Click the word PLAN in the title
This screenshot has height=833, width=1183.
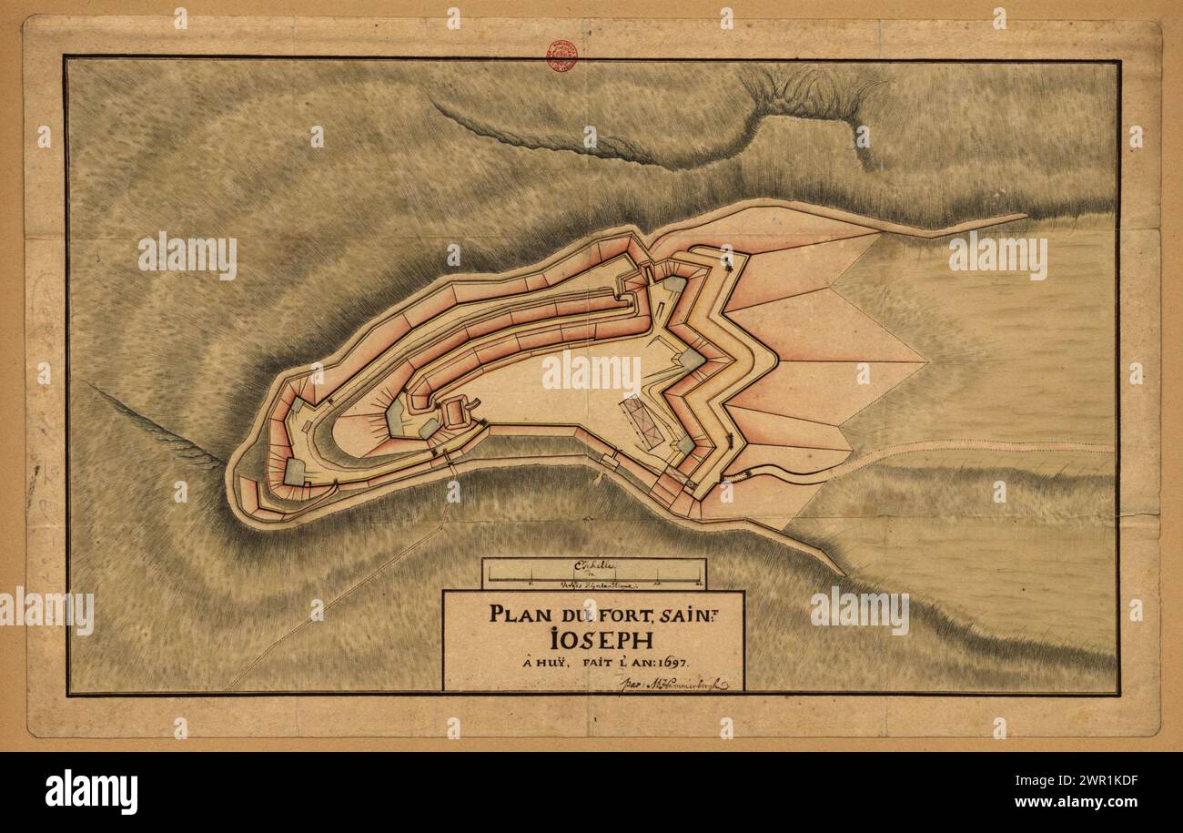pyautogui.click(x=515, y=613)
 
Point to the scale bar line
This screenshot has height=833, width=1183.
pyautogui.click(x=594, y=580)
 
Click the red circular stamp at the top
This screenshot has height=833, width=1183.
pyautogui.click(x=561, y=56)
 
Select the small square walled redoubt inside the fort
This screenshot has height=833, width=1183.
pyautogui.click(x=456, y=414)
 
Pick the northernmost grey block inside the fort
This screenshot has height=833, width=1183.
pyautogui.click(x=673, y=284)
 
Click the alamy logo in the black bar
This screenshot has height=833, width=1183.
pyautogui.click(x=92, y=792)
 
